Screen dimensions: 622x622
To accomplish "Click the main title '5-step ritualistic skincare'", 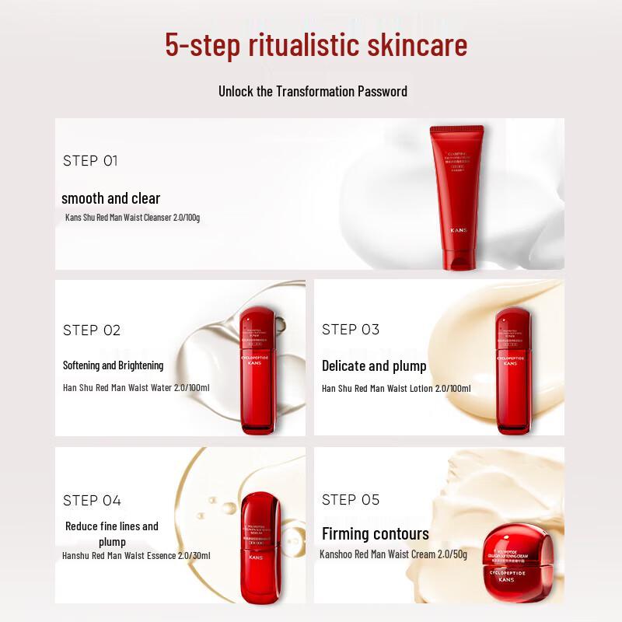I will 316,45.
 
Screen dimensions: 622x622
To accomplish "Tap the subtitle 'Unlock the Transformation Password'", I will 313,91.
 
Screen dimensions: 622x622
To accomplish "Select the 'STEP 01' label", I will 90,161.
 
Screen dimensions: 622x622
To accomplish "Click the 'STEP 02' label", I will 92,330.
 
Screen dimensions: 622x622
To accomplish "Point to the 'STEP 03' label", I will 351,330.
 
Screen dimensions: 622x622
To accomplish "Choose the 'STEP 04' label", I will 92,500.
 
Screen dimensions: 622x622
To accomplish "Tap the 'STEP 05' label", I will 351,499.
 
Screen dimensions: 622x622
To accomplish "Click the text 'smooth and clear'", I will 110,198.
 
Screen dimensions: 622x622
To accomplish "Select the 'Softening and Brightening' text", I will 113,365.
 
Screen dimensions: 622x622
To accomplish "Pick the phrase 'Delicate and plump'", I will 374,365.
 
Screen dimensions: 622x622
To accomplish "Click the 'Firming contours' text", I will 375,534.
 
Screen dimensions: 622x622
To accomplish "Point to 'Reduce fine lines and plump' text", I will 112,533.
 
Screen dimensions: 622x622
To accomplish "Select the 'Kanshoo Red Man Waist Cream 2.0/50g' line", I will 393,554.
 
